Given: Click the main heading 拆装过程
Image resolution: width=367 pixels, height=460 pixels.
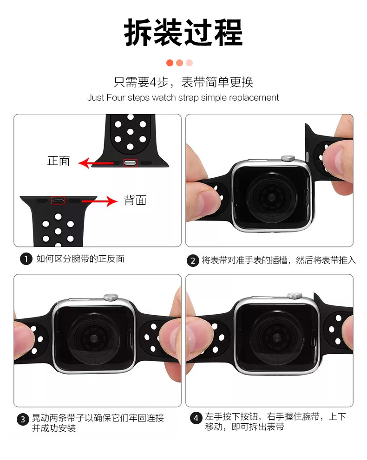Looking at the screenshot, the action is [183, 32].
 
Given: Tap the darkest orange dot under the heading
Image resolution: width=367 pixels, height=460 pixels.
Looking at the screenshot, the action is [170, 63].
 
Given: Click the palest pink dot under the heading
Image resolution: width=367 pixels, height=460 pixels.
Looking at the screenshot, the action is [190, 63].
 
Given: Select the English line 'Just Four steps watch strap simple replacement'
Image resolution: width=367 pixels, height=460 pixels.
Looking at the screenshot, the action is [183, 97].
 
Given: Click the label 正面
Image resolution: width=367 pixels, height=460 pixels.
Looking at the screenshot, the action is [59, 161].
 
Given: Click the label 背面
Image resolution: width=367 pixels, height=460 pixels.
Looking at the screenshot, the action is [135, 201].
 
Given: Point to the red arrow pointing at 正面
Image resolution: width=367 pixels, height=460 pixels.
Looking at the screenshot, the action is [96, 163].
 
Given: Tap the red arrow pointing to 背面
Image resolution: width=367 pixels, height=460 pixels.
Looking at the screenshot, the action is [100, 201].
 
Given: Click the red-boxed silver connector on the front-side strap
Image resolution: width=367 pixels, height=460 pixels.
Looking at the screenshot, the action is [130, 163].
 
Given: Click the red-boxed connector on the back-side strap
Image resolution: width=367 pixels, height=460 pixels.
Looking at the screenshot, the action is [58, 201].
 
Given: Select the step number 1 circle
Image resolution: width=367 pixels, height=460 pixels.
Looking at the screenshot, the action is [26, 259].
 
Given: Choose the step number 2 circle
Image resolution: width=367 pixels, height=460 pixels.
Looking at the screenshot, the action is [193, 261].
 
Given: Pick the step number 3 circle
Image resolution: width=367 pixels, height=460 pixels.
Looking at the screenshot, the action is [23, 420].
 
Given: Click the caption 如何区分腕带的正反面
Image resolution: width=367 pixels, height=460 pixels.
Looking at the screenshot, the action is [80, 259].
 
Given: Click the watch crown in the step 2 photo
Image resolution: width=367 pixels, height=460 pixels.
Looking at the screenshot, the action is [288, 158].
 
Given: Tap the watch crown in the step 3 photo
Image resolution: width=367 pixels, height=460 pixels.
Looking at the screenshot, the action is [111, 298].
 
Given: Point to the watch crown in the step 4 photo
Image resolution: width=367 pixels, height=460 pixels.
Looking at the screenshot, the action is [295, 296].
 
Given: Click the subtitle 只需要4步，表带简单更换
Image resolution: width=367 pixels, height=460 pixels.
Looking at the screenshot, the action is [183, 82].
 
